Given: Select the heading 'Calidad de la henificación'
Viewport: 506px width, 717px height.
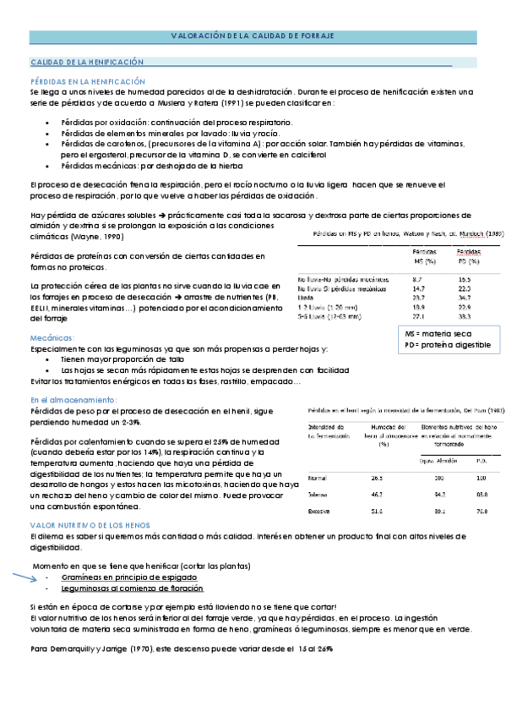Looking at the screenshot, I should click(x=87, y=63).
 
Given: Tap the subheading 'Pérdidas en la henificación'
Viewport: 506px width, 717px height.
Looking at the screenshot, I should click(x=82, y=79).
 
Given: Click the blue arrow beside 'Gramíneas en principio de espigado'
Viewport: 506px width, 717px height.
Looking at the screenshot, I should click(x=24, y=579).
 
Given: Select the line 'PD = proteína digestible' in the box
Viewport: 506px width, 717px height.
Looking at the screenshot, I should click(x=448, y=345).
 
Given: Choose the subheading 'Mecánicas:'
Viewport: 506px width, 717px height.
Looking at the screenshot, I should click(x=52, y=337).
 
